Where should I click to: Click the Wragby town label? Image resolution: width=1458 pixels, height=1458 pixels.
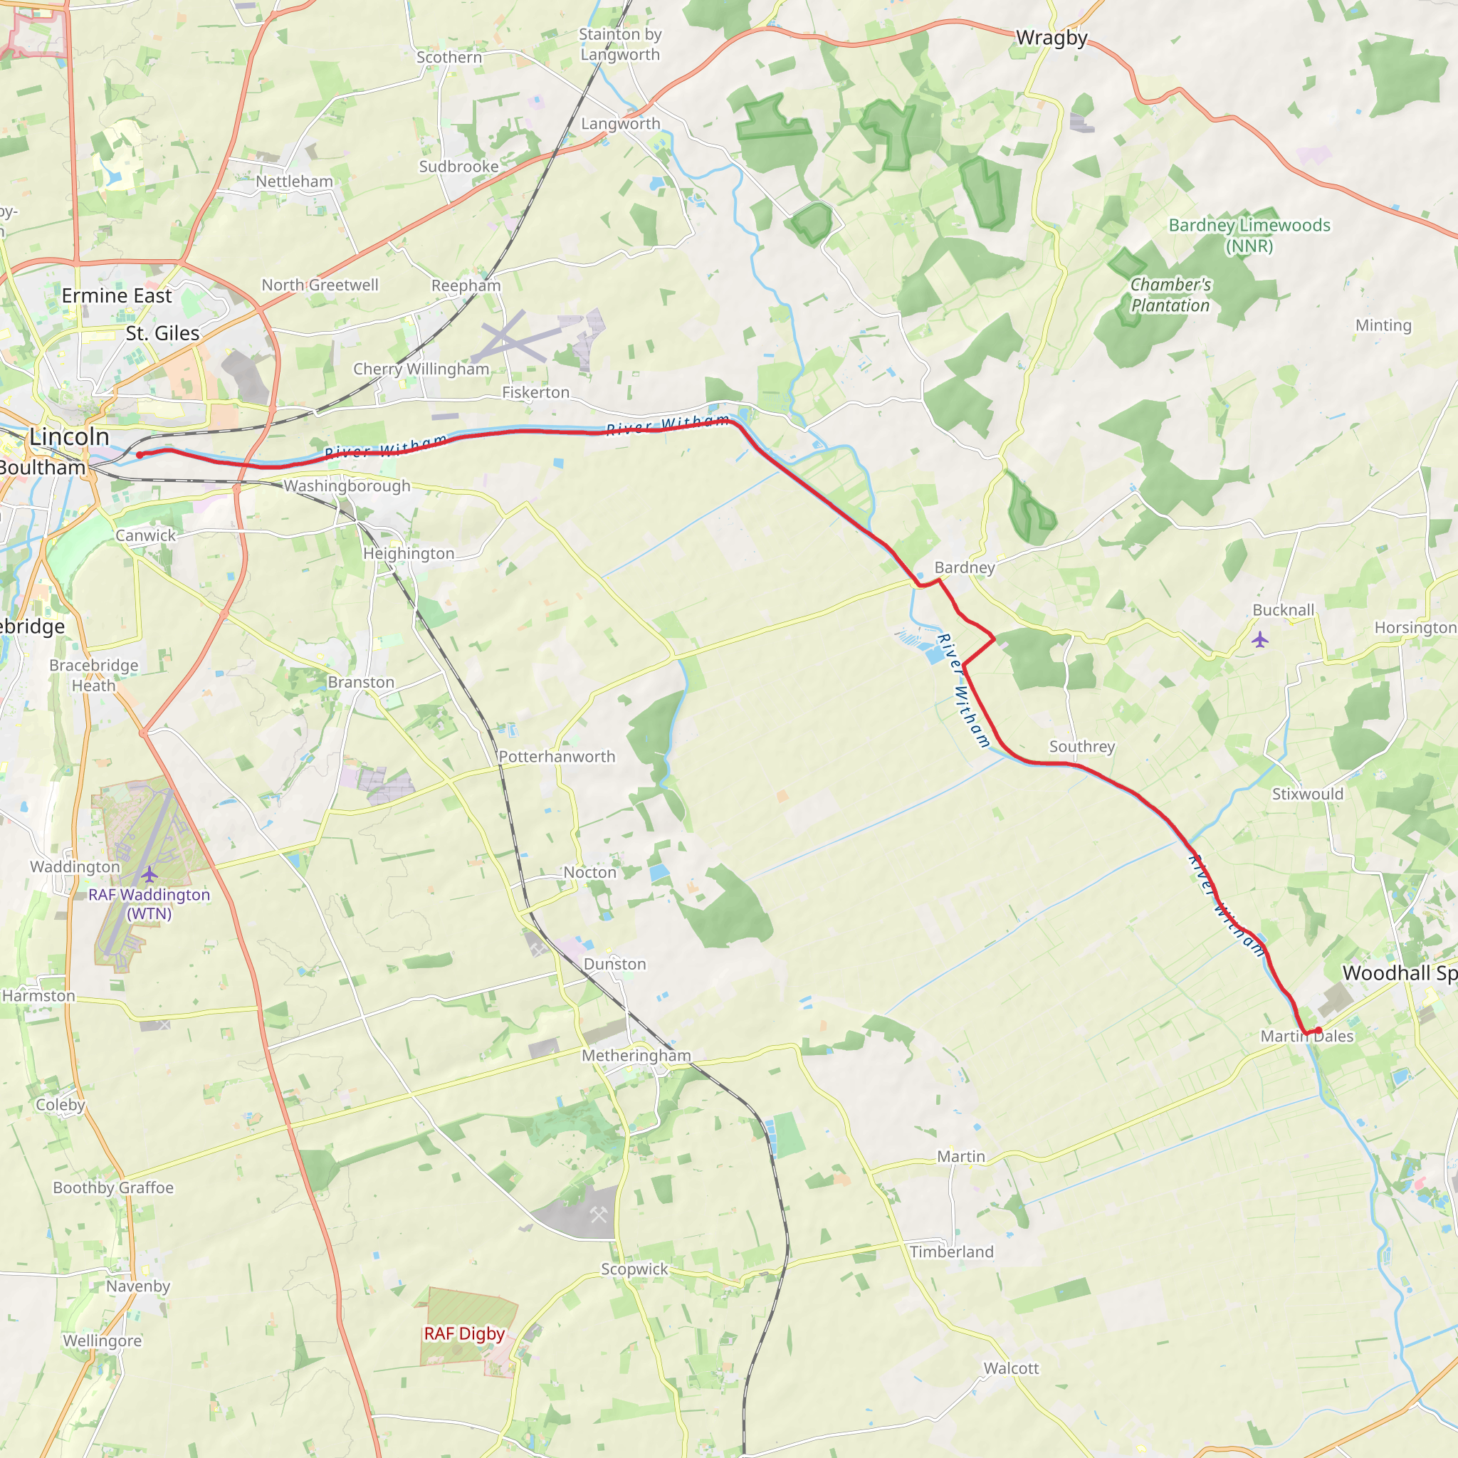[1051, 38]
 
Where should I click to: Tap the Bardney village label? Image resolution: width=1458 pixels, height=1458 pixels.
[965, 567]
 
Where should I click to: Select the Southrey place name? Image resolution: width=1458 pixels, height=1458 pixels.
[1081, 746]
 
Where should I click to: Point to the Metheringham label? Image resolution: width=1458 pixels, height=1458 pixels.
[636, 1056]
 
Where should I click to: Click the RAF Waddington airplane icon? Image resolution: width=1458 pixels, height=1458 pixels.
[150, 874]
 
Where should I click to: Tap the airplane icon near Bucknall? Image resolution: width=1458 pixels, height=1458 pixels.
[1259, 641]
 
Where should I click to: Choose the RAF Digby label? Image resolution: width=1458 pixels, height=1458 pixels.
[464, 1333]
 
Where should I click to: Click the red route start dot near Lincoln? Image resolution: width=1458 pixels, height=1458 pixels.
[140, 455]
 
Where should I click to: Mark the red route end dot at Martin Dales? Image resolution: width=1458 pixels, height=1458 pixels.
[1318, 1030]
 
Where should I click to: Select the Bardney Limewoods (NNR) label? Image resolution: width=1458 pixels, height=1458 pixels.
[1249, 236]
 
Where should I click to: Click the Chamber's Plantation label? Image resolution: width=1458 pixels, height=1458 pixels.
[1170, 295]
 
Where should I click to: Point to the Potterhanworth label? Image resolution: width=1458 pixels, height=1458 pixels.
[557, 757]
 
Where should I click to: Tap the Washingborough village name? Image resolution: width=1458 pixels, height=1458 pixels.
[347, 486]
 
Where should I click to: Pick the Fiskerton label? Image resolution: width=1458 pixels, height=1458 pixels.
[536, 392]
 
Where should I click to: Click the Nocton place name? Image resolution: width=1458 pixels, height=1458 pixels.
[589, 872]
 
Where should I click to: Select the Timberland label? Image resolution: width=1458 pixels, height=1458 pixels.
[952, 1252]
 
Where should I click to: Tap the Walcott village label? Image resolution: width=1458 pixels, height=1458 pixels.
[1010, 1368]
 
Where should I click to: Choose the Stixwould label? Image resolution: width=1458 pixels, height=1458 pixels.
[1308, 794]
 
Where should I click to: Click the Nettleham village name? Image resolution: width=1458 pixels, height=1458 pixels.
[294, 182]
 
